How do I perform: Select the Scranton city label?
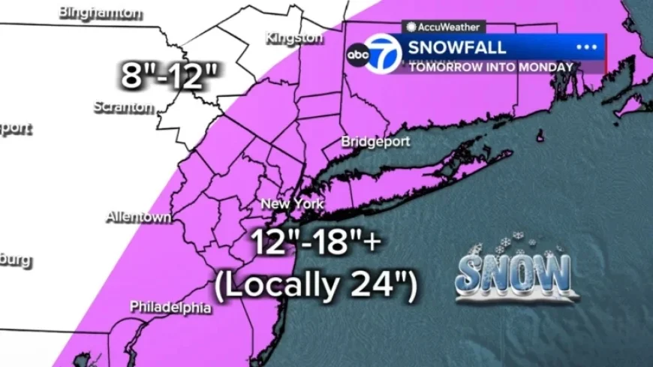123,107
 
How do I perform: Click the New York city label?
291,203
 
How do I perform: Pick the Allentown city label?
138,217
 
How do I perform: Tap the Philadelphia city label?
170,306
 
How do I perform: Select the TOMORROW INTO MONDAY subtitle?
491,67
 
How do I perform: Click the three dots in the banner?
585,47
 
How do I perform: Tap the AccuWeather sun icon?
411,26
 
